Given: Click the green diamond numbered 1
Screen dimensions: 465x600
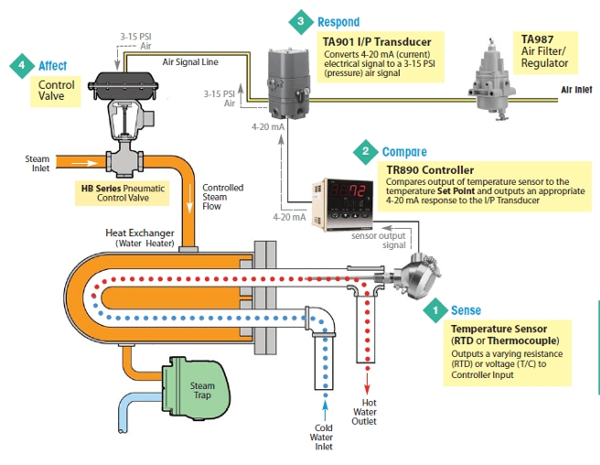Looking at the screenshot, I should point(434,310).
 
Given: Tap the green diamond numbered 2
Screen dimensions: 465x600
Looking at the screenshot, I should point(366,151).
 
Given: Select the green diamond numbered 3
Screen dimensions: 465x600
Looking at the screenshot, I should point(299,20).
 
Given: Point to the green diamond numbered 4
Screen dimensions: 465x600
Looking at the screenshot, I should point(21,66).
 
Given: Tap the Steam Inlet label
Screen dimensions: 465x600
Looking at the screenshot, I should point(37,164).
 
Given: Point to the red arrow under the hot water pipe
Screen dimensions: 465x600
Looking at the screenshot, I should point(368,375).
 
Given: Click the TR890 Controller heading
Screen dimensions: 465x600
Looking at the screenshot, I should point(430,170).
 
